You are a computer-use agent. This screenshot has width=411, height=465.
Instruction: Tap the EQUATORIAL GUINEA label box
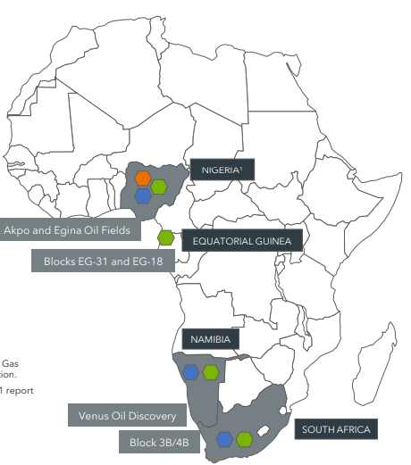(x=242, y=239)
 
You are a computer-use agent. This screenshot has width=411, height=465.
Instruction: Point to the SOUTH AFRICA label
(x=335, y=429)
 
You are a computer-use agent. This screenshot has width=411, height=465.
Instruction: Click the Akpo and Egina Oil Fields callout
(x=68, y=230)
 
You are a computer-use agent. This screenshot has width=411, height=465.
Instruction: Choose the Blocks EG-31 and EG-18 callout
(x=103, y=262)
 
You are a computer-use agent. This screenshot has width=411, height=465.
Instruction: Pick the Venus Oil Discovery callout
(x=126, y=415)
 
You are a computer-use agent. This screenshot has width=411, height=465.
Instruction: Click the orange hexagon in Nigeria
(x=142, y=179)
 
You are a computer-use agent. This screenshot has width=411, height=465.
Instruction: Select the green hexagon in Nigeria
(x=158, y=187)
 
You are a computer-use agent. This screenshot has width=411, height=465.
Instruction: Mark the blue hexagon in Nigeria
(x=142, y=195)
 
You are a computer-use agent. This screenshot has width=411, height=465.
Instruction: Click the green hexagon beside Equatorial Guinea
(x=165, y=237)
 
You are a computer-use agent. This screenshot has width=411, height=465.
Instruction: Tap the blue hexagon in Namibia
(x=191, y=371)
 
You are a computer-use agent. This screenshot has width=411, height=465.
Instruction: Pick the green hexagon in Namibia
(x=211, y=371)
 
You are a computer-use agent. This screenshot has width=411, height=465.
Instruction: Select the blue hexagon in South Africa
(x=224, y=438)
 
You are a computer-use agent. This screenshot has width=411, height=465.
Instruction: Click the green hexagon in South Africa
(x=244, y=438)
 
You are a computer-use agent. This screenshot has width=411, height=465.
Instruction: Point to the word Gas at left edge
(x=10, y=363)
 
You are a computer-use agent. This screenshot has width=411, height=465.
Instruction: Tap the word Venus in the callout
(x=93, y=415)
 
